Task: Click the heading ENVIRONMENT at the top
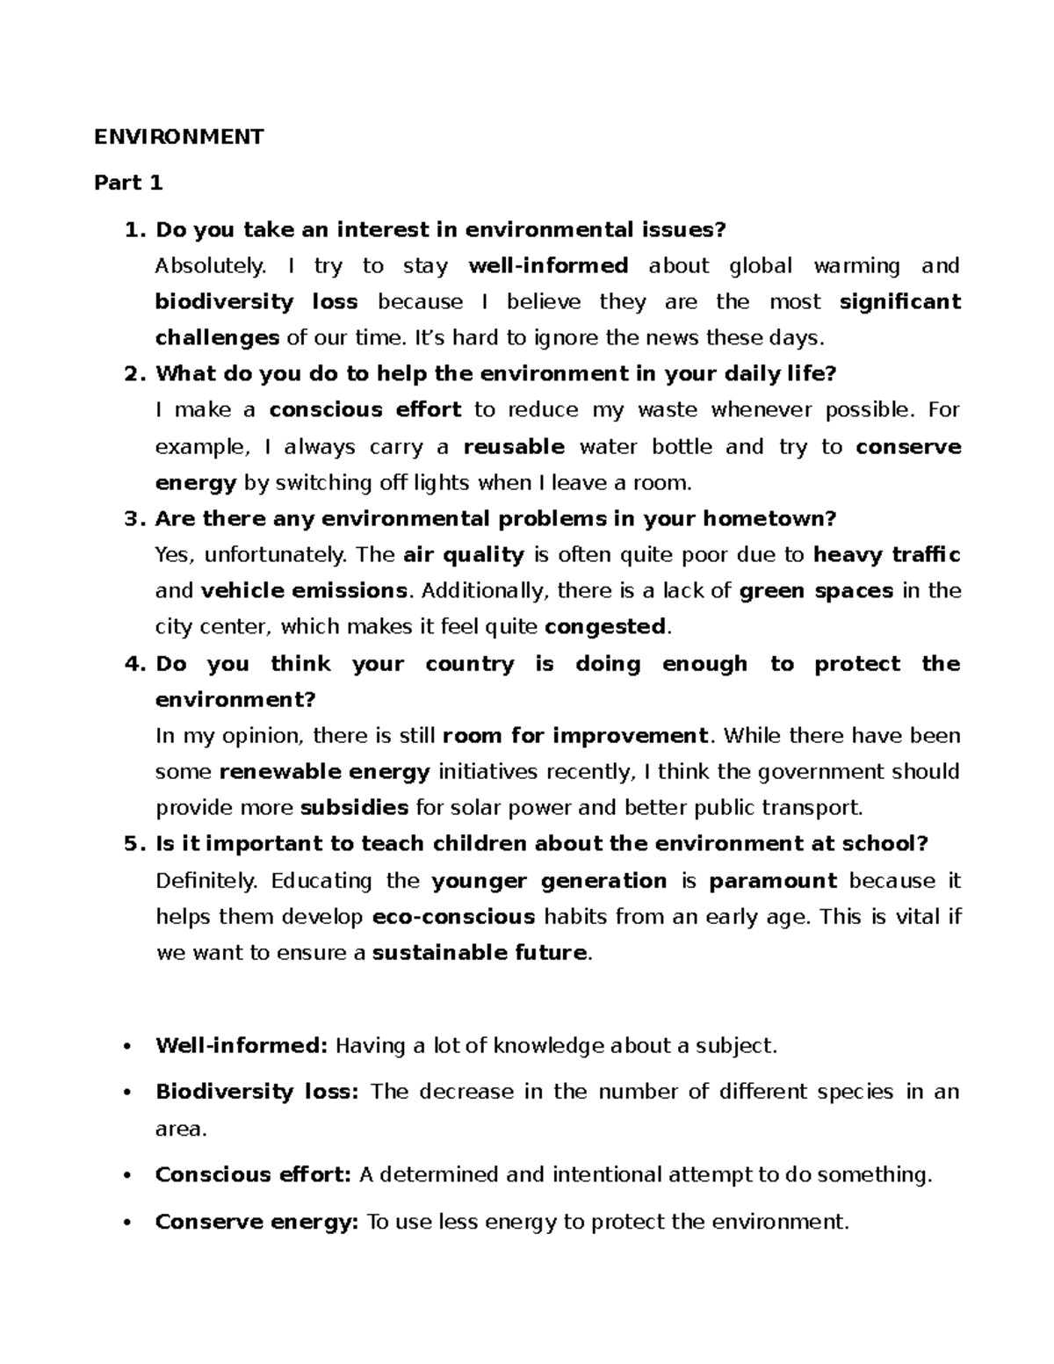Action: pyautogui.click(x=179, y=136)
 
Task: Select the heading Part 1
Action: pyautogui.click(x=128, y=183)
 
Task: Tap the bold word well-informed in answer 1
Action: pyautogui.click(x=548, y=265)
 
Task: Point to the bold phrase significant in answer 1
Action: pyautogui.click(x=899, y=301)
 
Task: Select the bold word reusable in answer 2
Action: pyautogui.click(x=514, y=446)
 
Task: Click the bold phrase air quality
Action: pyautogui.click(x=464, y=554)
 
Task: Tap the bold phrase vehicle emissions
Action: pyautogui.click(x=304, y=590)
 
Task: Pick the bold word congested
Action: pyautogui.click(x=606, y=626)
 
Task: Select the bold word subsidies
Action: pyautogui.click(x=354, y=807)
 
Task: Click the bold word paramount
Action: pyautogui.click(x=773, y=880)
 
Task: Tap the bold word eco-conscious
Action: pyautogui.click(x=454, y=916)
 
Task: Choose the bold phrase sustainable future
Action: pyautogui.click(x=480, y=952)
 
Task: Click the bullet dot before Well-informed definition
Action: pyautogui.click(x=128, y=1046)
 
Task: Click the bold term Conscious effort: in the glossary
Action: pyautogui.click(x=253, y=1174)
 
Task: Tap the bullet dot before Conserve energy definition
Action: pyautogui.click(x=128, y=1223)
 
